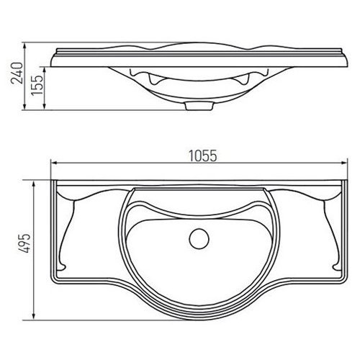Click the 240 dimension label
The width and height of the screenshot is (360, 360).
tap(17, 73)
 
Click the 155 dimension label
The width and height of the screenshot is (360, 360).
tap(37, 86)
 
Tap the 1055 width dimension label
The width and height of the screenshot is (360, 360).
tap(203, 156)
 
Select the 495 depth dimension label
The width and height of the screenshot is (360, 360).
tap(24, 243)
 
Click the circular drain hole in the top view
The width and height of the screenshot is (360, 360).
tap(199, 239)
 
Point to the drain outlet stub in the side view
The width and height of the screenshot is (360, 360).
tap(199, 106)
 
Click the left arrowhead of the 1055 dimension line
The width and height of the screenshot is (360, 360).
tap(54, 163)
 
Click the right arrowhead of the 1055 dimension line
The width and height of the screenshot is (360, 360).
tap(344, 163)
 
